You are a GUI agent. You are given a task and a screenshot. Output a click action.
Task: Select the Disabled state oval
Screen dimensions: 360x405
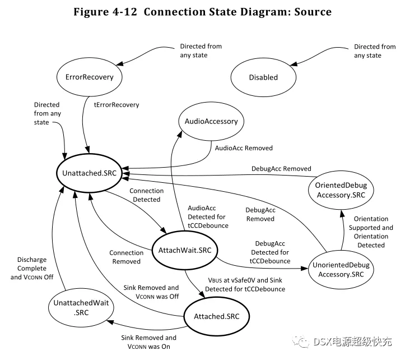click(x=263, y=77)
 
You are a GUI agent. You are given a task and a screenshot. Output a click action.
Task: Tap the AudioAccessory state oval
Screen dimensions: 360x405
click(x=211, y=121)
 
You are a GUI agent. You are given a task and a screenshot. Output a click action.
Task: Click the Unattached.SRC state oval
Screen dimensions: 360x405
click(x=89, y=173)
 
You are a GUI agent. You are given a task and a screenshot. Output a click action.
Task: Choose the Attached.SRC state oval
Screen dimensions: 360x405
click(x=216, y=316)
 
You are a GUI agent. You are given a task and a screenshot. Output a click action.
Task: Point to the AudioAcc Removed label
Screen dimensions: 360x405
click(x=244, y=148)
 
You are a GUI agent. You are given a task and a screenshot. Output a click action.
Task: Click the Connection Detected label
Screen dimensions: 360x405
click(x=146, y=195)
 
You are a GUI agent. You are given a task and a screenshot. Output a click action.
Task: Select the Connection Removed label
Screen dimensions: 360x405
click(x=125, y=257)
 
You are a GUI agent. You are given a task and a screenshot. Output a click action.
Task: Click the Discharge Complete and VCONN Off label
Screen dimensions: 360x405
click(x=31, y=268)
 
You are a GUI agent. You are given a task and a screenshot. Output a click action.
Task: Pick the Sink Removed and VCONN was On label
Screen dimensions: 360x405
click(x=148, y=342)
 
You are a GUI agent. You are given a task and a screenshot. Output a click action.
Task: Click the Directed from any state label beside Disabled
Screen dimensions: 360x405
click(x=375, y=51)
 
